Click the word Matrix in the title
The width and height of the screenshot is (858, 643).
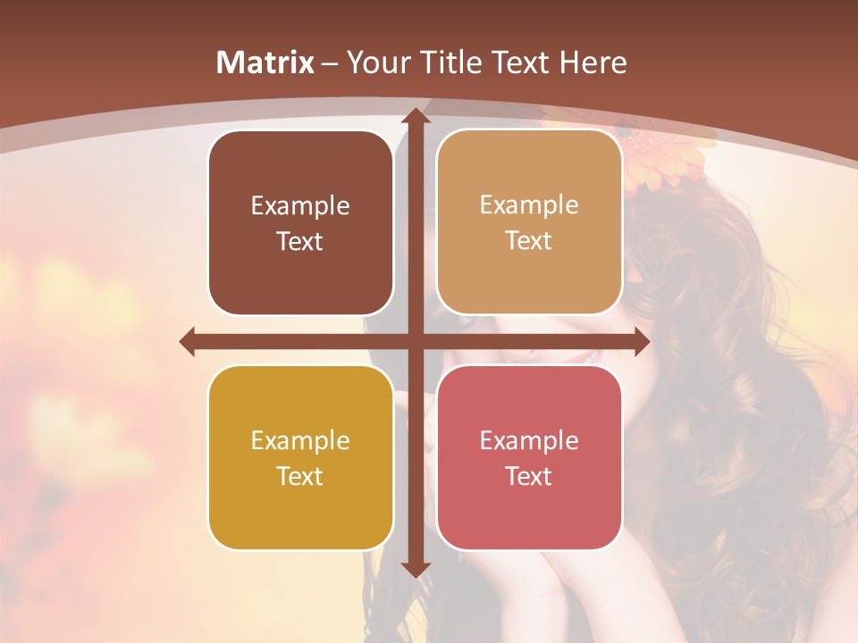(265, 63)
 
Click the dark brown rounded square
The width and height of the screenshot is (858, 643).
(300, 222)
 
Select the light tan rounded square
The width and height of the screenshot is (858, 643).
(529, 222)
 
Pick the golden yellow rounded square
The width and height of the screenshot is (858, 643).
(300, 457)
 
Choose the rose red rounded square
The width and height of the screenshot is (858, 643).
(529, 457)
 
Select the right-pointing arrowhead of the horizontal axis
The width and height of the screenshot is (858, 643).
(641, 341)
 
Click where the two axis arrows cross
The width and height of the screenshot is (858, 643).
(415, 341)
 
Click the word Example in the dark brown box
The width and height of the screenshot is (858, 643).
(300, 206)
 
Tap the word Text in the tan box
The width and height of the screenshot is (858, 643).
(529, 240)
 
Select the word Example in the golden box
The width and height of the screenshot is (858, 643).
(300, 441)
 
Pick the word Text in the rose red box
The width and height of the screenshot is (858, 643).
(529, 476)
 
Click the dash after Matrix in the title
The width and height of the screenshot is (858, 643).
(330, 63)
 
